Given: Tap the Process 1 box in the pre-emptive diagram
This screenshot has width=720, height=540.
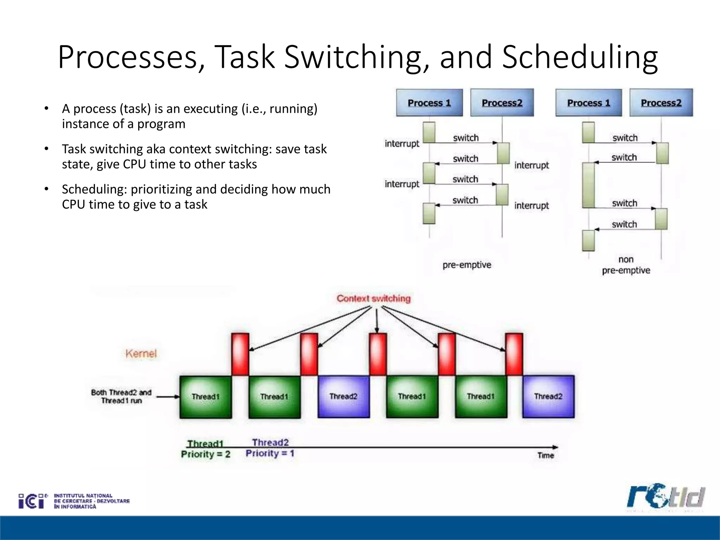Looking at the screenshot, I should [x=429, y=103].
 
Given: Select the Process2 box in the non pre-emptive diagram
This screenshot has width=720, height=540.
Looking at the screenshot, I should [x=661, y=103].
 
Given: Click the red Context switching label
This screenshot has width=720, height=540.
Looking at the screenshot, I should [x=373, y=298].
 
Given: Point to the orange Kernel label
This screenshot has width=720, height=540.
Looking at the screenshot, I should [x=141, y=353].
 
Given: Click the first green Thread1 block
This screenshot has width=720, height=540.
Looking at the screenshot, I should [x=205, y=397].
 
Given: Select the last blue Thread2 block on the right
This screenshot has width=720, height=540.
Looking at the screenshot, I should [x=548, y=397].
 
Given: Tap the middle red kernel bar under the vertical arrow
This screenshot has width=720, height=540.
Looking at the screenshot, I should [x=378, y=354].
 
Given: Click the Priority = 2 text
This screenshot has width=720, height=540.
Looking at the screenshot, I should [x=206, y=454].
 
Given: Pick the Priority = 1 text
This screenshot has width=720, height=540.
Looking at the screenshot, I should [x=270, y=453].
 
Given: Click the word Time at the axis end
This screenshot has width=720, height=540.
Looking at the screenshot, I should [x=545, y=456].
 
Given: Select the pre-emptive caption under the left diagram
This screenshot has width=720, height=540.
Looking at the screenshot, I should [x=467, y=265].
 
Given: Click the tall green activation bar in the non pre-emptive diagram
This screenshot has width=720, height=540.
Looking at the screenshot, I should [x=588, y=185].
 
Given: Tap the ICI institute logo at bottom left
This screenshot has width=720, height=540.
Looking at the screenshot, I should [x=74, y=501].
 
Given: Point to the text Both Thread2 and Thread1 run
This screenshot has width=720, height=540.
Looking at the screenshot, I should [x=121, y=397].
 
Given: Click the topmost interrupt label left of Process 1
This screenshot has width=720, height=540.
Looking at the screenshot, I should [x=402, y=143].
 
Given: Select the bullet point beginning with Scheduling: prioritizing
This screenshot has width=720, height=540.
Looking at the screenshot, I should [x=196, y=197].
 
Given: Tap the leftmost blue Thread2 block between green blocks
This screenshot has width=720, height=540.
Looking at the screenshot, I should [x=343, y=397].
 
